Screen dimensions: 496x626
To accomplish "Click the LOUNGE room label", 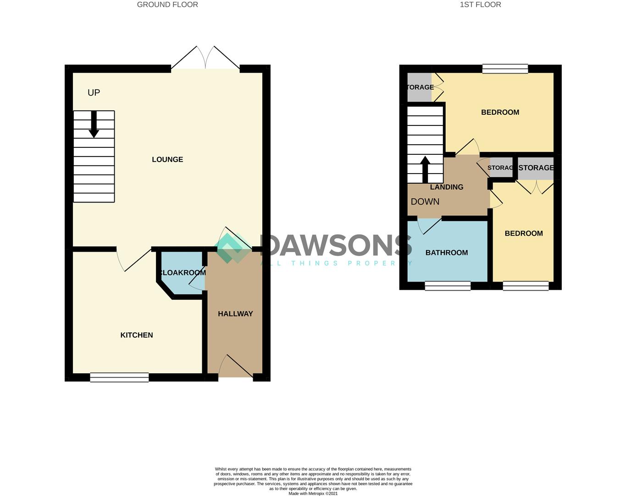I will pyautogui.click(x=167, y=159).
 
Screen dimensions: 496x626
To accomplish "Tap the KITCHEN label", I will pyautogui.click(x=137, y=335).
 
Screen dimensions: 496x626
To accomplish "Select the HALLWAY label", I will pyautogui.click(x=235, y=314).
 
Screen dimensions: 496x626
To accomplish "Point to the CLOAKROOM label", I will pyautogui.click(x=183, y=273).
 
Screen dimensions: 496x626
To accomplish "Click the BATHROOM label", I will pyautogui.click(x=447, y=253).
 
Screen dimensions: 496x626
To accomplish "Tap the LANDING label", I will pyautogui.click(x=447, y=187).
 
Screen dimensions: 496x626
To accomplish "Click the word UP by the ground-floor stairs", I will pyautogui.click(x=94, y=93).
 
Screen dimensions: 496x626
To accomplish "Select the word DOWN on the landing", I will pyautogui.click(x=425, y=202).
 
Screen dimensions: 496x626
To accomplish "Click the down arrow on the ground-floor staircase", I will pyautogui.click(x=94, y=125).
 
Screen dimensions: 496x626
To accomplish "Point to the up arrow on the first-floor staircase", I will pyautogui.click(x=425, y=169).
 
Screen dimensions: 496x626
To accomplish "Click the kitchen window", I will pyautogui.click(x=119, y=378).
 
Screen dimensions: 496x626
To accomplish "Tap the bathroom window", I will pyautogui.click(x=448, y=286).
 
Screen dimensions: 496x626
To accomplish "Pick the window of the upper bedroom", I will pyautogui.click(x=505, y=69).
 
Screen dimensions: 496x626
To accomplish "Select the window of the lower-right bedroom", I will pyautogui.click(x=526, y=286).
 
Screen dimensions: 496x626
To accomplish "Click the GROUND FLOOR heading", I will pyautogui.click(x=167, y=5).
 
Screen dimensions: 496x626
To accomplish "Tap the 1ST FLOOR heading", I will pyautogui.click(x=480, y=5).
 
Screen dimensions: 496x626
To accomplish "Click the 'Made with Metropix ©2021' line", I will pyautogui.click(x=313, y=494).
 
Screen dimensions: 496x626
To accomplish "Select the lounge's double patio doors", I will pyautogui.click(x=205, y=59).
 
